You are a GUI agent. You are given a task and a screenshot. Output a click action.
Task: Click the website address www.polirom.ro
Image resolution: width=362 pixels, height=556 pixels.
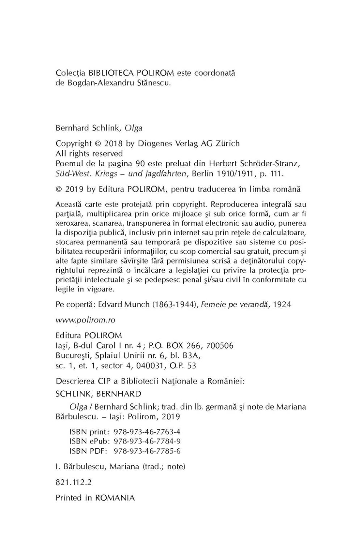coord(85,320)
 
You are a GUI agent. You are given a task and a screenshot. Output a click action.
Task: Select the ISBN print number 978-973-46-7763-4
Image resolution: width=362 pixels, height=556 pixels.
coord(147,432)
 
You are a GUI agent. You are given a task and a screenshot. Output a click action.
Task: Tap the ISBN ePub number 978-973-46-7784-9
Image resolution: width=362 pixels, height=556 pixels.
coord(147,441)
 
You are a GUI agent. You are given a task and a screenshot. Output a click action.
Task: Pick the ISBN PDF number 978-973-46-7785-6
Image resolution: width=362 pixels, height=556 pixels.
coord(147,451)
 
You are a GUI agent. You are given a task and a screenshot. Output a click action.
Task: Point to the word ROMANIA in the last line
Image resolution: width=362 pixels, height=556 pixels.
coord(115,498)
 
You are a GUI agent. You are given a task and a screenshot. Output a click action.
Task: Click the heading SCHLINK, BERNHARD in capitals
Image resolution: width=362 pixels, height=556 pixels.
coord(98,393)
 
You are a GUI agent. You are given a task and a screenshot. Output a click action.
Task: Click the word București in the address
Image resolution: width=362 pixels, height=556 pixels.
coord(74,356)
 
